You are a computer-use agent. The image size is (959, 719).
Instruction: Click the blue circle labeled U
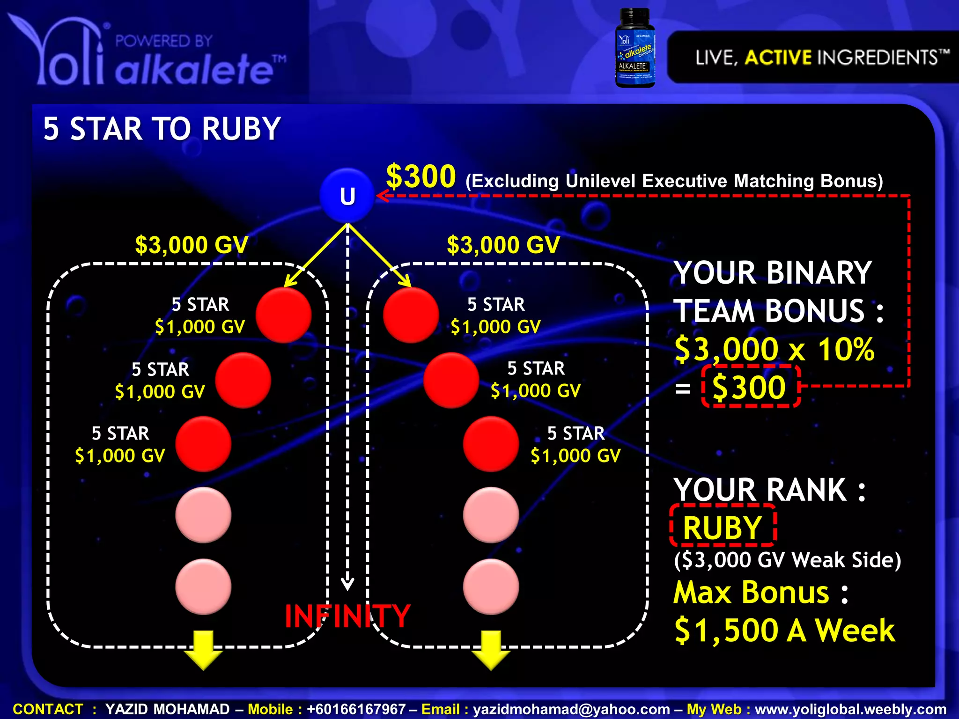[x=347, y=196]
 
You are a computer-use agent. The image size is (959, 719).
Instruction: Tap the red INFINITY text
[x=347, y=616]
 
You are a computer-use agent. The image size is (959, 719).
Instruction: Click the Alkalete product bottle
[x=635, y=48]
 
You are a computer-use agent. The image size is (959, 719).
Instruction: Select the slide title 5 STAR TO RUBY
[x=162, y=129]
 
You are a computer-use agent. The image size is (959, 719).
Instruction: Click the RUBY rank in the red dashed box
[x=723, y=528]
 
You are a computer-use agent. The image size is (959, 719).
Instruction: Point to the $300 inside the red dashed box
[x=749, y=387]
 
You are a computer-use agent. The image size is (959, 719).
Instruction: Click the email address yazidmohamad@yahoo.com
[x=571, y=709]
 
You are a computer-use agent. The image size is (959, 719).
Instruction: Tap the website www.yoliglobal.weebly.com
[x=850, y=709]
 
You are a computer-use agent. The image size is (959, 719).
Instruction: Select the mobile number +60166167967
[x=356, y=709]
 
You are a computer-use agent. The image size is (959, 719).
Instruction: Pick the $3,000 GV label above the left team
[x=192, y=245]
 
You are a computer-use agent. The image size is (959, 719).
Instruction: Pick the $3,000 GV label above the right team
[x=503, y=245]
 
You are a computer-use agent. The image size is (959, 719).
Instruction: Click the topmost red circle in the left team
[x=284, y=315]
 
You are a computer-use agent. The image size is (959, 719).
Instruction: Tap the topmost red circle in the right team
[x=411, y=315]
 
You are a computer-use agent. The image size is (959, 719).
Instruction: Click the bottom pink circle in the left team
[x=203, y=586]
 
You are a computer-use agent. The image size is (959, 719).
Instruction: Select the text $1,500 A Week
[x=785, y=631]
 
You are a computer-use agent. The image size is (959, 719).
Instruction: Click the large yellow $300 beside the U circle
[x=421, y=176]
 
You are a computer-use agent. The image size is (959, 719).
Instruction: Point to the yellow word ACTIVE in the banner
[x=778, y=58]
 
